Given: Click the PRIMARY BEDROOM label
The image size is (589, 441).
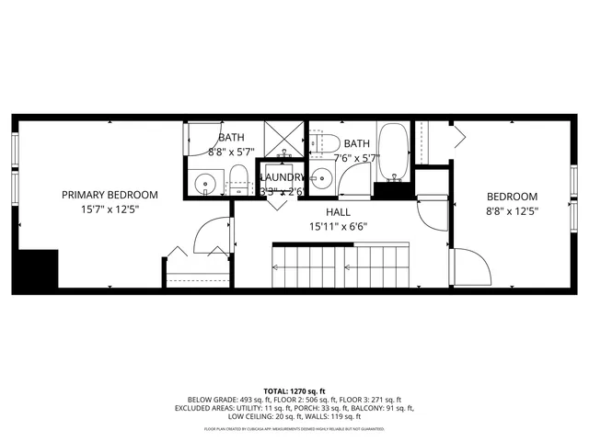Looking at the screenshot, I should tap(110, 195).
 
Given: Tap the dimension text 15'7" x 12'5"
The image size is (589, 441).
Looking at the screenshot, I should tap(110, 210).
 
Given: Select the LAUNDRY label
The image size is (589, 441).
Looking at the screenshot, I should tap(283, 177).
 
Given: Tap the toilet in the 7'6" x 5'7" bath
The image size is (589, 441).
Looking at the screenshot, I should tap(319, 142).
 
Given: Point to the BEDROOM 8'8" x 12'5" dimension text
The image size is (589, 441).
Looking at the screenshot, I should tap(512, 210).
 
